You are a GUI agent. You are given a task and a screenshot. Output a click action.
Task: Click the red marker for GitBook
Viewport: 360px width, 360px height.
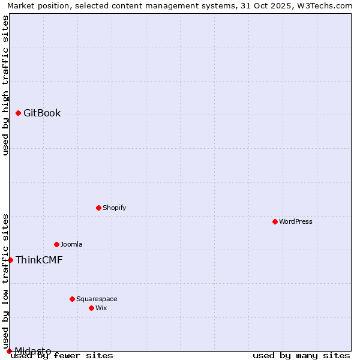(x=19, y=113)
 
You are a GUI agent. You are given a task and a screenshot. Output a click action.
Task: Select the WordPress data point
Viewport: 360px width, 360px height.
(x=275, y=221)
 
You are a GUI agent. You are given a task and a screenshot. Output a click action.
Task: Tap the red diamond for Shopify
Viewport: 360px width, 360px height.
(x=99, y=208)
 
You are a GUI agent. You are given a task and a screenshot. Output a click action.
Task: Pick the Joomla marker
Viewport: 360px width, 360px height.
(x=57, y=244)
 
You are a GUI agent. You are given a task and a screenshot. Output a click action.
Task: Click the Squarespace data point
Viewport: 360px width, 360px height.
(x=73, y=299)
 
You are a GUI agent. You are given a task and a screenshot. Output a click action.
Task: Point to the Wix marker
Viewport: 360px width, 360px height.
(x=92, y=308)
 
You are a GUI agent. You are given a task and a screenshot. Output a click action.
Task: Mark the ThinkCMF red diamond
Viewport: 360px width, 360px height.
(x=11, y=260)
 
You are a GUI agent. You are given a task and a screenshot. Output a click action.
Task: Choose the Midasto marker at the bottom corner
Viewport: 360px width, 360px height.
(x=10, y=351)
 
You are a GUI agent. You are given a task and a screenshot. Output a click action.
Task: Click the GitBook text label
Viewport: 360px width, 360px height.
(x=42, y=113)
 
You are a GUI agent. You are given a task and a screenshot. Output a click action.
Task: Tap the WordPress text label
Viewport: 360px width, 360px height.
(x=296, y=221)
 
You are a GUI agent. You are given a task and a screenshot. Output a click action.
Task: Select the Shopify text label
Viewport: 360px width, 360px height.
(x=114, y=208)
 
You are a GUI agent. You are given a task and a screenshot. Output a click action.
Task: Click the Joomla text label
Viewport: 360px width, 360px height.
(x=71, y=244)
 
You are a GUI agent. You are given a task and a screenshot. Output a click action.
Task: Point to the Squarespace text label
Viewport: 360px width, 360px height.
(x=97, y=299)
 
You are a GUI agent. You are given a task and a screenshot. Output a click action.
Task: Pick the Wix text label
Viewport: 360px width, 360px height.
(x=101, y=308)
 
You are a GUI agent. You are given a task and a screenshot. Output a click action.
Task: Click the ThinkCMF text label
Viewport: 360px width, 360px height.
(x=39, y=260)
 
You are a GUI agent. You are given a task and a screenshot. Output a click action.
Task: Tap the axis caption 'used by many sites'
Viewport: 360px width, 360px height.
(x=301, y=355)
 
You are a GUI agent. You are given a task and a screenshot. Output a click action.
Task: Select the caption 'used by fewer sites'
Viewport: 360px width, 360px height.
(x=62, y=355)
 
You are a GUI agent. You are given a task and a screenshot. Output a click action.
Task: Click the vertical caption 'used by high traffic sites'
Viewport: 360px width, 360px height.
(x=5, y=85)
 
